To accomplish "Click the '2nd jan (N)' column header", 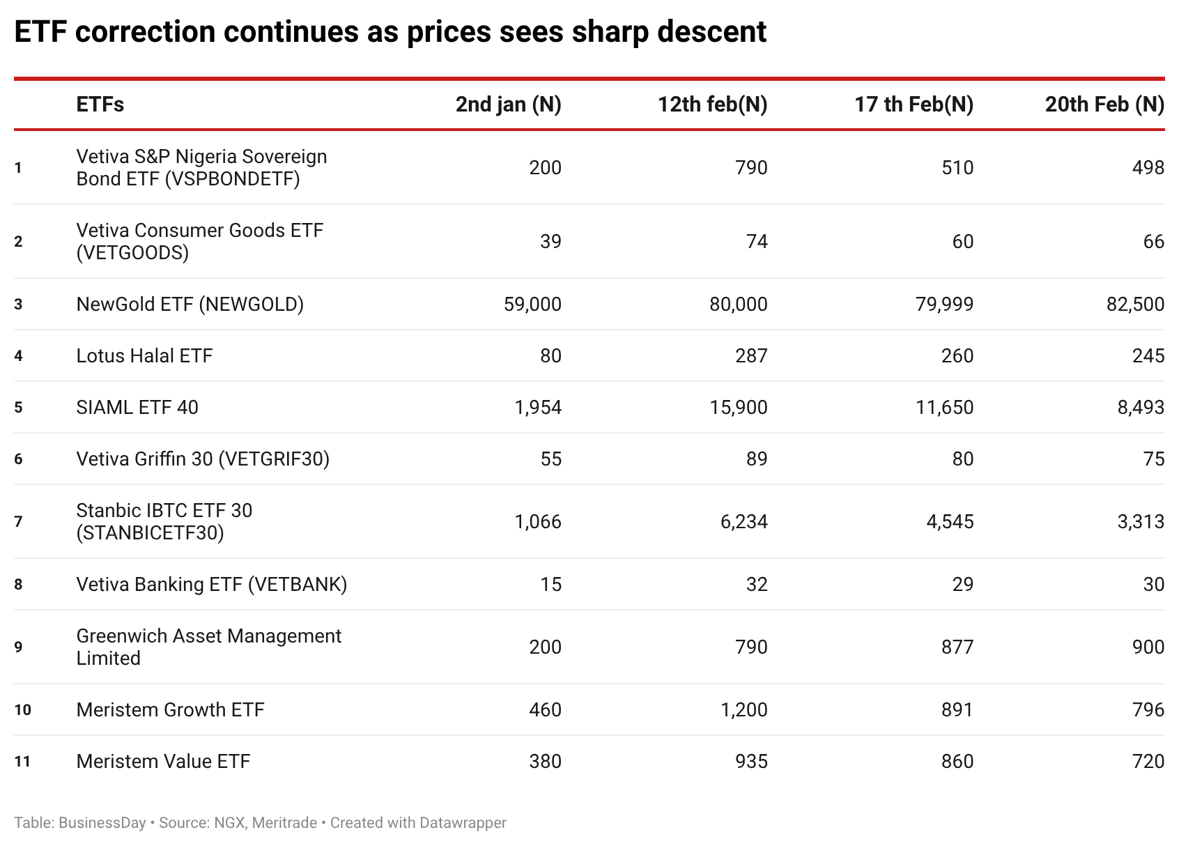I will (508, 105).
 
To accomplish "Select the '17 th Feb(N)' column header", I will (914, 105).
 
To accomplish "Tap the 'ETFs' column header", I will (100, 105).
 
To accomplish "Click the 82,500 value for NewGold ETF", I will (1135, 305).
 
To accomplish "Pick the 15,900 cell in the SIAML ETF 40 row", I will (738, 408).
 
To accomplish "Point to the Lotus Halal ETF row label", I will (144, 356).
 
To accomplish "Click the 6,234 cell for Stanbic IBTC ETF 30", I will (743, 522).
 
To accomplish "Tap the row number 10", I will (22, 710).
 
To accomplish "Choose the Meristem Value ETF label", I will (163, 762).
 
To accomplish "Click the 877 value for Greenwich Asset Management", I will (957, 647).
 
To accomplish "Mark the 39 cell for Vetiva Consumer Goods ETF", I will (550, 242).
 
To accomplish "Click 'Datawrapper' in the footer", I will (463, 823).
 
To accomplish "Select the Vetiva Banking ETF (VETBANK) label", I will (211, 585).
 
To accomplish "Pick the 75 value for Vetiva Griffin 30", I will (1153, 459).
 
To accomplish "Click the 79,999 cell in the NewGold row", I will (944, 305).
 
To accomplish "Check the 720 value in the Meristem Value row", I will (1148, 762).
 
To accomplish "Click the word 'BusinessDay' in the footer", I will (102, 823).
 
